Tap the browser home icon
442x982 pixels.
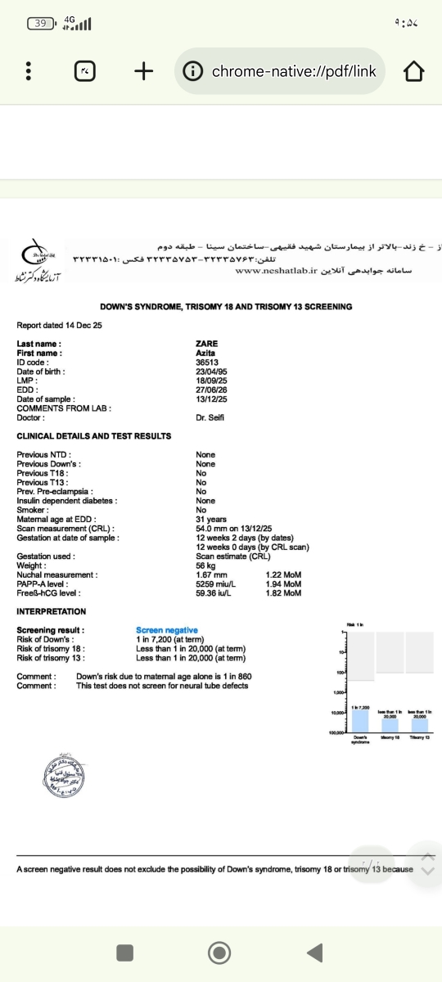pos(415,72)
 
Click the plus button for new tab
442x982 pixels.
pos(144,72)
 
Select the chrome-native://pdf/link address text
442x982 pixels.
pos(294,72)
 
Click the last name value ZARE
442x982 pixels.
pos(207,344)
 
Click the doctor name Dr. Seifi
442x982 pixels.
pos(210,417)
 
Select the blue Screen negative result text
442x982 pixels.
pos(167,630)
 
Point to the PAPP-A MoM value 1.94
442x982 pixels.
pos(283,584)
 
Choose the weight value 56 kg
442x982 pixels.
pos(206,566)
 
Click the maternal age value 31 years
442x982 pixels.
pos(211,520)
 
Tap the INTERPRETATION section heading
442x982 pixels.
pos(51,611)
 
